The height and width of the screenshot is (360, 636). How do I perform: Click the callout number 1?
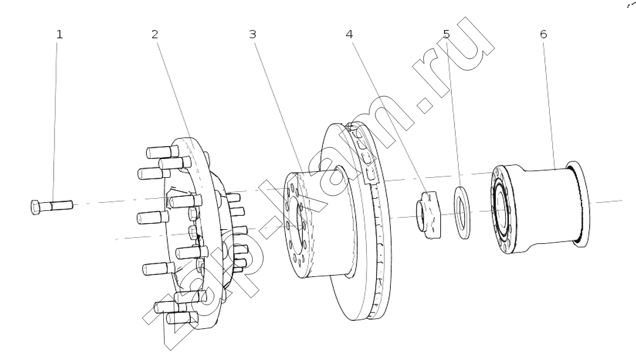tap(59, 34)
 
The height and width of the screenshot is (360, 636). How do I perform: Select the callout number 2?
tap(155, 34)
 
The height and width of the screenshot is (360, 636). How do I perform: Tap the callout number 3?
tap(253, 34)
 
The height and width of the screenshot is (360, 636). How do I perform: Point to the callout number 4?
tap(349, 34)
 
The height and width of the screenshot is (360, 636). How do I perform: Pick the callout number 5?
tap(446, 34)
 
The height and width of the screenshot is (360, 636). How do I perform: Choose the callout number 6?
tap(544, 34)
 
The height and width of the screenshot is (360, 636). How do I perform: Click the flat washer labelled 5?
tap(462, 213)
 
